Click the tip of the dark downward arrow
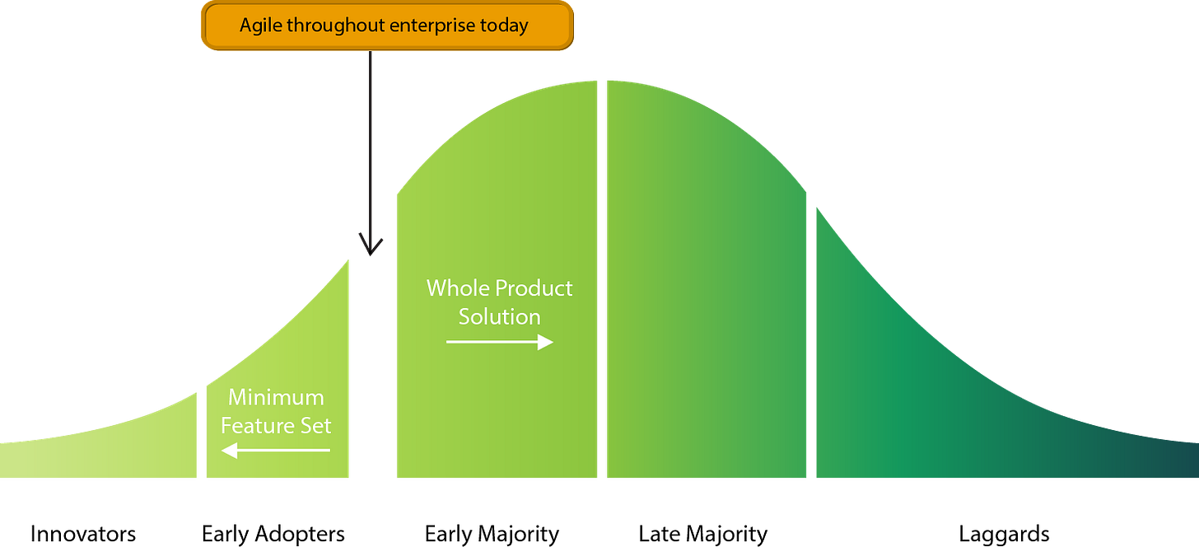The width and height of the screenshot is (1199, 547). (370, 254)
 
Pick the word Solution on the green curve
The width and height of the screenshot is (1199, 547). (499, 317)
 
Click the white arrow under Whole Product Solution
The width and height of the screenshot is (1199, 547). (499, 342)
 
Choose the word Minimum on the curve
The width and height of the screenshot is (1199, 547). (276, 398)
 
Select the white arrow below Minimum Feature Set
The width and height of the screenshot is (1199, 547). (276, 451)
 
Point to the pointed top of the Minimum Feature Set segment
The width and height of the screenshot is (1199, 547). (349, 260)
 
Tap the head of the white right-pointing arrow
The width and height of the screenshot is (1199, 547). (546, 342)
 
